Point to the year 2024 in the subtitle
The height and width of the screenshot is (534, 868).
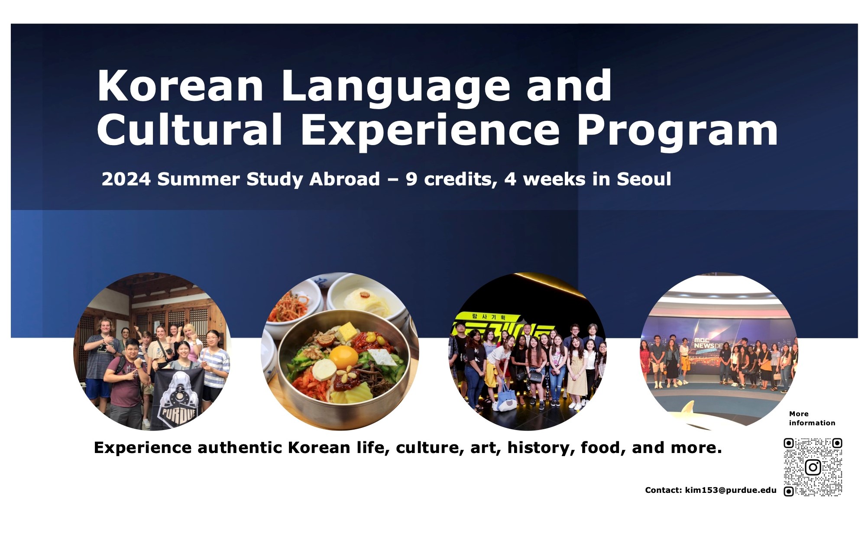coord(126,179)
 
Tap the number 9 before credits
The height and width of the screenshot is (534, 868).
coord(411,179)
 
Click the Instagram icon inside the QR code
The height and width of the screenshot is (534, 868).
coord(813,467)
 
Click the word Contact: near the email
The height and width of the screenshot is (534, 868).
coord(664,490)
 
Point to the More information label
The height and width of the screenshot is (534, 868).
coord(812,418)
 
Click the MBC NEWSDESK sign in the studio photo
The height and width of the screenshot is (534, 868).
coord(708,343)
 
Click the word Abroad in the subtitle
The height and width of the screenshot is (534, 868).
coord(344,179)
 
